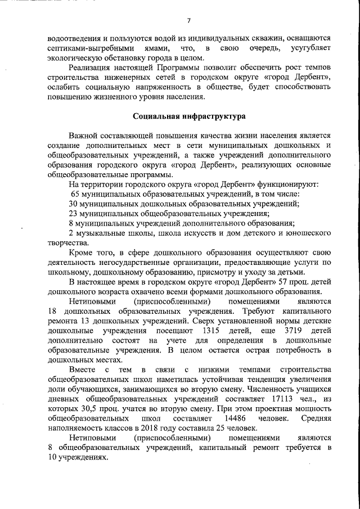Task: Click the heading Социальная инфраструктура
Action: pos(189,117)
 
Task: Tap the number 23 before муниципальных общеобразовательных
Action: pos(74,213)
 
